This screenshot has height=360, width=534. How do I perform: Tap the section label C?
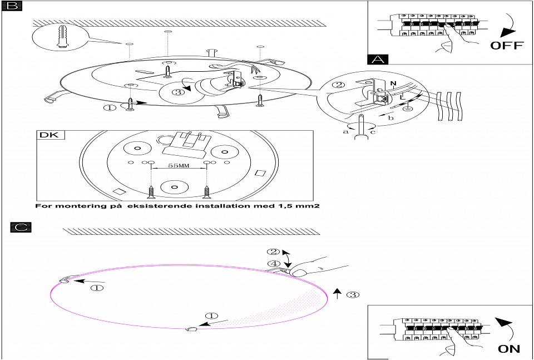[x=21, y=227]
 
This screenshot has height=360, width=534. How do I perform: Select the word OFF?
[x=506, y=46]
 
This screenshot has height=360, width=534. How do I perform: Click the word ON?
[x=508, y=349]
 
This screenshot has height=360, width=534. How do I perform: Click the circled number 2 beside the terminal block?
[x=337, y=86]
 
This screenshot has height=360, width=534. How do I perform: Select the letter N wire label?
[x=393, y=84]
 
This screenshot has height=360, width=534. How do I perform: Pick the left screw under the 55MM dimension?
[x=151, y=191]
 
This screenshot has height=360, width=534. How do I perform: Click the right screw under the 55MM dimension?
[x=207, y=191]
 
